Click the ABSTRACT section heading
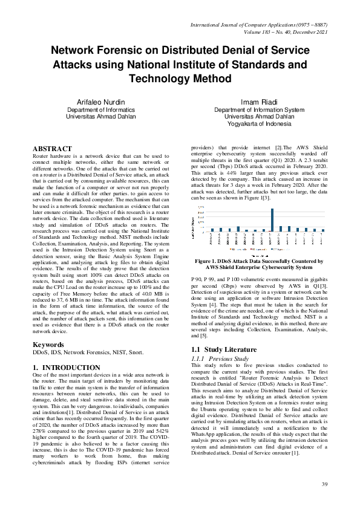coord(51,148)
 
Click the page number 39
coord(324,485)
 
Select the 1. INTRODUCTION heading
coord(66,368)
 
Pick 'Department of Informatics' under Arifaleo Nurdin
coord(101,110)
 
